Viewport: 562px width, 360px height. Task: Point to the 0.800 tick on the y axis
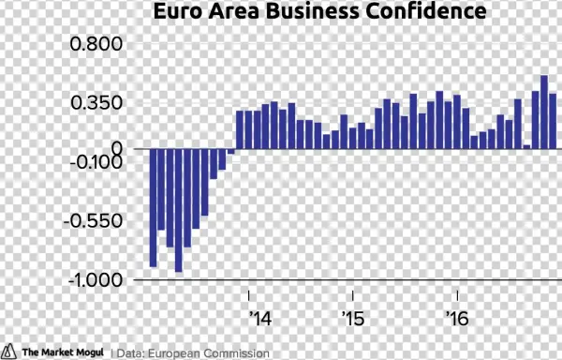(x=97, y=44)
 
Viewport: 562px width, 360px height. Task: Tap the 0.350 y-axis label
(x=97, y=102)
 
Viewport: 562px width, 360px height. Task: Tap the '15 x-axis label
(x=352, y=318)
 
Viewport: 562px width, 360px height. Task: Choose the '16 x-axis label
(x=455, y=318)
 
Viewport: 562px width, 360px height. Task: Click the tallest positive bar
(x=544, y=112)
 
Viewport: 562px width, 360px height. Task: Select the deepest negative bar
(x=178, y=210)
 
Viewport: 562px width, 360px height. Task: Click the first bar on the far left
(x=153, y=207)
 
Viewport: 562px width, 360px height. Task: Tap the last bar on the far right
(x=553, y=121)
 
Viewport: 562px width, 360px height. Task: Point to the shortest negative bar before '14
(x=230, y=151)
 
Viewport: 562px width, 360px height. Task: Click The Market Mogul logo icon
(x=9, y=352)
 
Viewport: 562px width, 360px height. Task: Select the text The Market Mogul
(x=62, y=352)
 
